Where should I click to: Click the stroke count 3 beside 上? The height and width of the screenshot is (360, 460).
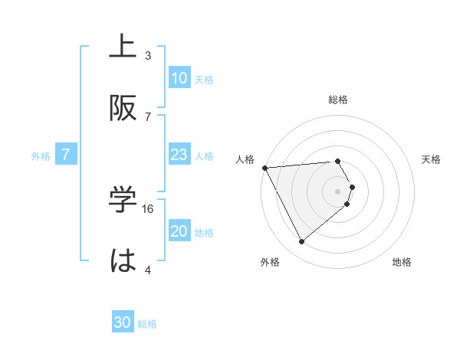tap(148, 55)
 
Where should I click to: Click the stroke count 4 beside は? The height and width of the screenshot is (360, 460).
tap(148, 270)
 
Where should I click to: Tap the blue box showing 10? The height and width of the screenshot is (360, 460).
tap(179, 78)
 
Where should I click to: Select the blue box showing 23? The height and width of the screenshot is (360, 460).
tap(179, 155)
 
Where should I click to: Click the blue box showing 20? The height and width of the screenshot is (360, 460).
tap(179, 231)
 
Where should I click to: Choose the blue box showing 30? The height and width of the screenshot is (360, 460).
tap(123, 323)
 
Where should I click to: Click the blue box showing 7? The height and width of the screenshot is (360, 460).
tap(66, 155)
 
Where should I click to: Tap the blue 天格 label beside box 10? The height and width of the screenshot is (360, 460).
tap(204, 79)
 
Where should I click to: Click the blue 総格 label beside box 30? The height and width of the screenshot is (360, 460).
tap(147, 324)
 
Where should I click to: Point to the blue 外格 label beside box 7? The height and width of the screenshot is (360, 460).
tap(41, 155)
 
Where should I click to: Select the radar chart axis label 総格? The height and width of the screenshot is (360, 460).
tap(338, 100)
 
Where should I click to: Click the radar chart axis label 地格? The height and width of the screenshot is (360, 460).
tap(402, 262)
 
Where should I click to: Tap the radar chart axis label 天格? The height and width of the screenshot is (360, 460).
tap(431, 159)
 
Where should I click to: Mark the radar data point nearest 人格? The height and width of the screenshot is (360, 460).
tap(264, 168)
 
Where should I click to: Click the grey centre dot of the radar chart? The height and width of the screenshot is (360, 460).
tap(338, 191)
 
